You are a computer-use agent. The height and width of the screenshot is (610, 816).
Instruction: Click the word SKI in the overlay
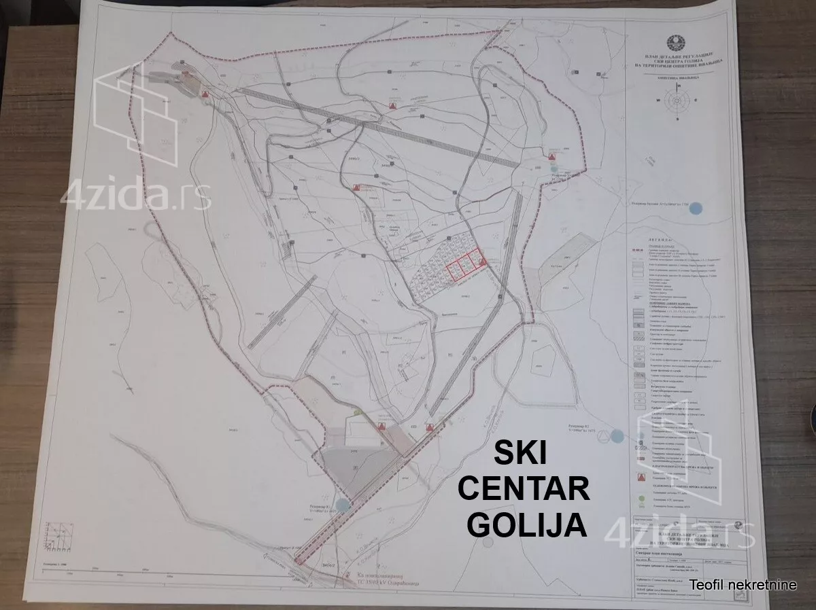pos(522,452)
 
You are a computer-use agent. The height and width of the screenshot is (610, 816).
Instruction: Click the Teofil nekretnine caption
pos(743,585)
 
